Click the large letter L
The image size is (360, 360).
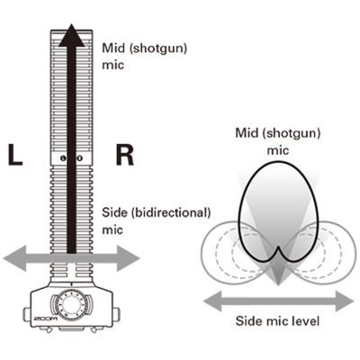(15, 155)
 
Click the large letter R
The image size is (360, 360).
(124, 155)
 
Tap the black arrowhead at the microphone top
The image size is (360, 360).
(71, 35)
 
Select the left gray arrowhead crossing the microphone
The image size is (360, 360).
(15, 258)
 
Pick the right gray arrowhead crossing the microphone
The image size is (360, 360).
(128, 258)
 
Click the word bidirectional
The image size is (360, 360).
(171, 212)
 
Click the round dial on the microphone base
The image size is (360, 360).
(71, 303)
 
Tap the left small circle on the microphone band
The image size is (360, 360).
(63, 158)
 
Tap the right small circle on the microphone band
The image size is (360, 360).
(79, 158)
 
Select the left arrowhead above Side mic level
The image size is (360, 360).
(213, 301)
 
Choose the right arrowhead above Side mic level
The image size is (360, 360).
(344, 301)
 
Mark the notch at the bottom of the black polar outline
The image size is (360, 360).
(278, 248)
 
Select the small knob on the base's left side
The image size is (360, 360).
(26, 314)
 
